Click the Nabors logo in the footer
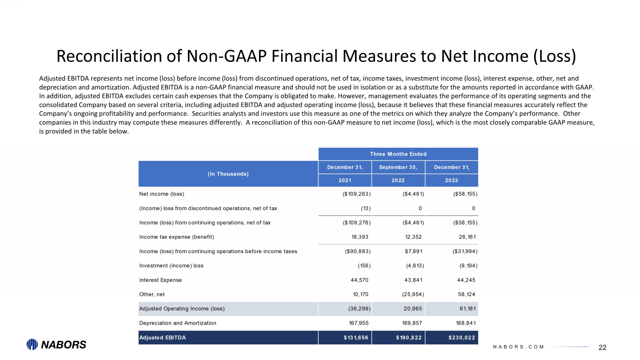click(56, 345)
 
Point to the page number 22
click(602, 348)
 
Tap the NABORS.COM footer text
click(518, 347)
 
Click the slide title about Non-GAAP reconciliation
click(316, 56)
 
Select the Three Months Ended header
click(398, 154)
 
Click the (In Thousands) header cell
click(228, 174)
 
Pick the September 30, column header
click(398, 167)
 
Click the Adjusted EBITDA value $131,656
click(356, 338)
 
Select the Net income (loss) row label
click(162, 194)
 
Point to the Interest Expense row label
click(160, 280)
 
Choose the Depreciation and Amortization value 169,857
click(412, 323)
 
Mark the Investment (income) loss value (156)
click(364, 266)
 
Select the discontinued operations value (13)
click(366, 209)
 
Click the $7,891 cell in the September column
click(413, 252)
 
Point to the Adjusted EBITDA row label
click(163, 338)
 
